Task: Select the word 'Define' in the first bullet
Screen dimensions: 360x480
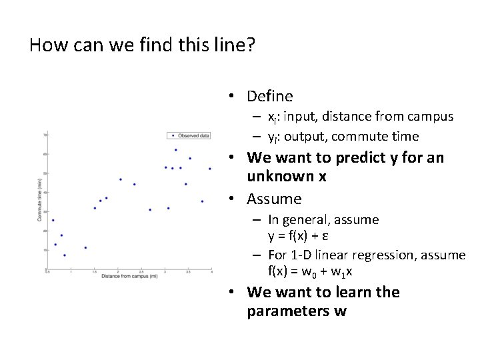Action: point(269,96)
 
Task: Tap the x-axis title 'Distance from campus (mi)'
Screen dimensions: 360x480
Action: point(129,276)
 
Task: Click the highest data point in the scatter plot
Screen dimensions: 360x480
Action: point(175,150)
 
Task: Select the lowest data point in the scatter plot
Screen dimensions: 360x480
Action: point(64,255)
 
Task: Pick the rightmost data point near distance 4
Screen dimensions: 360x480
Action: point(210,169)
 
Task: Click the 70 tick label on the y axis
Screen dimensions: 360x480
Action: point(44,135)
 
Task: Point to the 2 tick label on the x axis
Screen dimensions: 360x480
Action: point(119,271)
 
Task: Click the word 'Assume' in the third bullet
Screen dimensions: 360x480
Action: point(274,199)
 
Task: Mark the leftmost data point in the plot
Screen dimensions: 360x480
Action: point(53,220)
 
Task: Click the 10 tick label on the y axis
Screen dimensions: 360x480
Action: point(44,250)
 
